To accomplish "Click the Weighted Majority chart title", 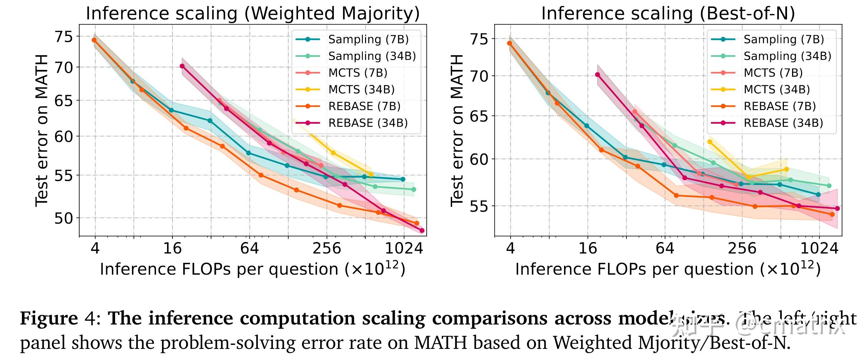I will [x=253, y=14].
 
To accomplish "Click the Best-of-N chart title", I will [x=668, y=14].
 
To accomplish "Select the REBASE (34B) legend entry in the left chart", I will [x=368, y=123].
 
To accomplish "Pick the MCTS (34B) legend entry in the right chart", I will [x=777, y=89].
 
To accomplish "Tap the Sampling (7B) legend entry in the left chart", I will [x=368, y=39].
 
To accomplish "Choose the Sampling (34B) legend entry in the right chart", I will [x=787, y=56].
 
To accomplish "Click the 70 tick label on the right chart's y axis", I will [x=478, y=76].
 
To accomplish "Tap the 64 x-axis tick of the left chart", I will [x=249, y=247].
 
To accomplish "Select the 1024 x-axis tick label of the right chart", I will [x=819, y=247].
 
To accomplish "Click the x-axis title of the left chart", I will [x=252, y=269].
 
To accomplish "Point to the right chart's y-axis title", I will [x=457, y=131].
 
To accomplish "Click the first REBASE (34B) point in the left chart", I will [x=182, y=66].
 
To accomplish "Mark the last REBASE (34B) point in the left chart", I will [x=422, y=231].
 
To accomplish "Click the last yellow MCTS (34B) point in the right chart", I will [x=787, y=169].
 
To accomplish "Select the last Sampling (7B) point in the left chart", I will [x=403, y=179].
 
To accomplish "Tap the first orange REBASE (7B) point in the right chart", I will [x=510, y=43].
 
